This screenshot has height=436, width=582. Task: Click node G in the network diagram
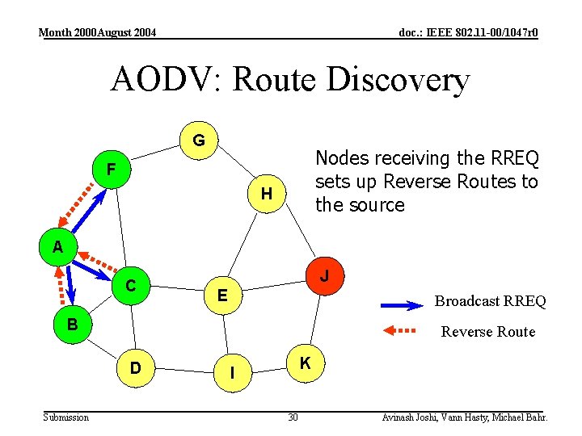(x=198, y=141)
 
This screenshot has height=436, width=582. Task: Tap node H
(x=265, y=193)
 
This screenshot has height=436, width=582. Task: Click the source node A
(x=57, y=247)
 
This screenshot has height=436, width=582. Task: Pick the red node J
(x=324, y=276)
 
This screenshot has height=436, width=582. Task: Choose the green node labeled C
(x=130, y=285)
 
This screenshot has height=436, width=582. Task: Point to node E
(x=221, y=296)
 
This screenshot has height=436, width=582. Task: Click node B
(x=72, y=325)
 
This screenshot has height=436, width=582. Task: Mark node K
(x=305, y=363)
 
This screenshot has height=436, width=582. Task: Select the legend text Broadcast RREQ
(x=490, y=301)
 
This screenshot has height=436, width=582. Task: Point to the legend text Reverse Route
(x=487, y=331)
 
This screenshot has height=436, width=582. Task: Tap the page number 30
(x=293, y=417)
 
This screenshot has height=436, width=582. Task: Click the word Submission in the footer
(x=65, y=417)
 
